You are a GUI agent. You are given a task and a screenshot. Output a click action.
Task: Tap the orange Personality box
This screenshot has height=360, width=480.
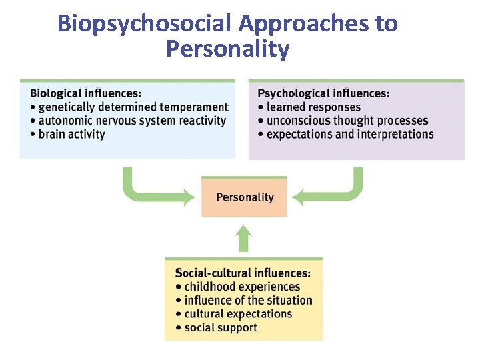click(x=245, y=197)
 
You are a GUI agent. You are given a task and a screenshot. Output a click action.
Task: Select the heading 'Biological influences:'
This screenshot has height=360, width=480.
click(x=85, y=93)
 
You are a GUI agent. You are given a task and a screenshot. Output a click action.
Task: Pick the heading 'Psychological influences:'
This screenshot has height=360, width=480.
click(x=323, y=93)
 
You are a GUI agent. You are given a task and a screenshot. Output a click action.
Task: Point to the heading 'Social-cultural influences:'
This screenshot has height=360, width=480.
click(x=243, y=273)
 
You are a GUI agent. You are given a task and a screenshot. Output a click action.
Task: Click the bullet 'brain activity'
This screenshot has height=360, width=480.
click(x=71, y=134)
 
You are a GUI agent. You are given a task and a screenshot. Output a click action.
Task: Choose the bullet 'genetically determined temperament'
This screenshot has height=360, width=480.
click(x=133, y=107)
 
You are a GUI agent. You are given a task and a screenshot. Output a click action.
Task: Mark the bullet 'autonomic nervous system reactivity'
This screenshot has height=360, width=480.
click(x=132, y=121)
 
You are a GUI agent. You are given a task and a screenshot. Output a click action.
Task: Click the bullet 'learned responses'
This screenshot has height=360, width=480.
click(x=313, y=107)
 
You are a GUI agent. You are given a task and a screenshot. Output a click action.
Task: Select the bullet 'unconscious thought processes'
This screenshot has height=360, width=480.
click(x=347, y=121)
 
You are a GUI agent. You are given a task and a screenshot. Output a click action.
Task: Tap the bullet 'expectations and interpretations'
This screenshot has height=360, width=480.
click(x=349, y=134)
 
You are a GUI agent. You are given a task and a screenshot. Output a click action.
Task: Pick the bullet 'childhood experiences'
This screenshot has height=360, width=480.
click(x=242, y=287)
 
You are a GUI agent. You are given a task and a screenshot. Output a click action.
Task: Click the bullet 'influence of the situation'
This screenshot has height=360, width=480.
click(x=248, y=300)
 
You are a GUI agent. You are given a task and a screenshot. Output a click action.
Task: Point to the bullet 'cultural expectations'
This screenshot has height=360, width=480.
click(x=238, y=314)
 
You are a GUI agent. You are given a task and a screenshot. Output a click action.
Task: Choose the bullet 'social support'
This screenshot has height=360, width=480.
click(x=220, y=327)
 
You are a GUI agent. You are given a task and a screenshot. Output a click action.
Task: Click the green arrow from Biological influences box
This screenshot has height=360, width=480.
click(x=153, y=190)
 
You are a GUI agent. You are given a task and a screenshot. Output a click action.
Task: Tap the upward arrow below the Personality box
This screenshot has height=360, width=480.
click(x=245, y=239)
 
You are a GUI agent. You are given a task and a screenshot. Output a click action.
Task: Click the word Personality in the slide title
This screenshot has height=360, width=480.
click(x=227, y=49)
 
